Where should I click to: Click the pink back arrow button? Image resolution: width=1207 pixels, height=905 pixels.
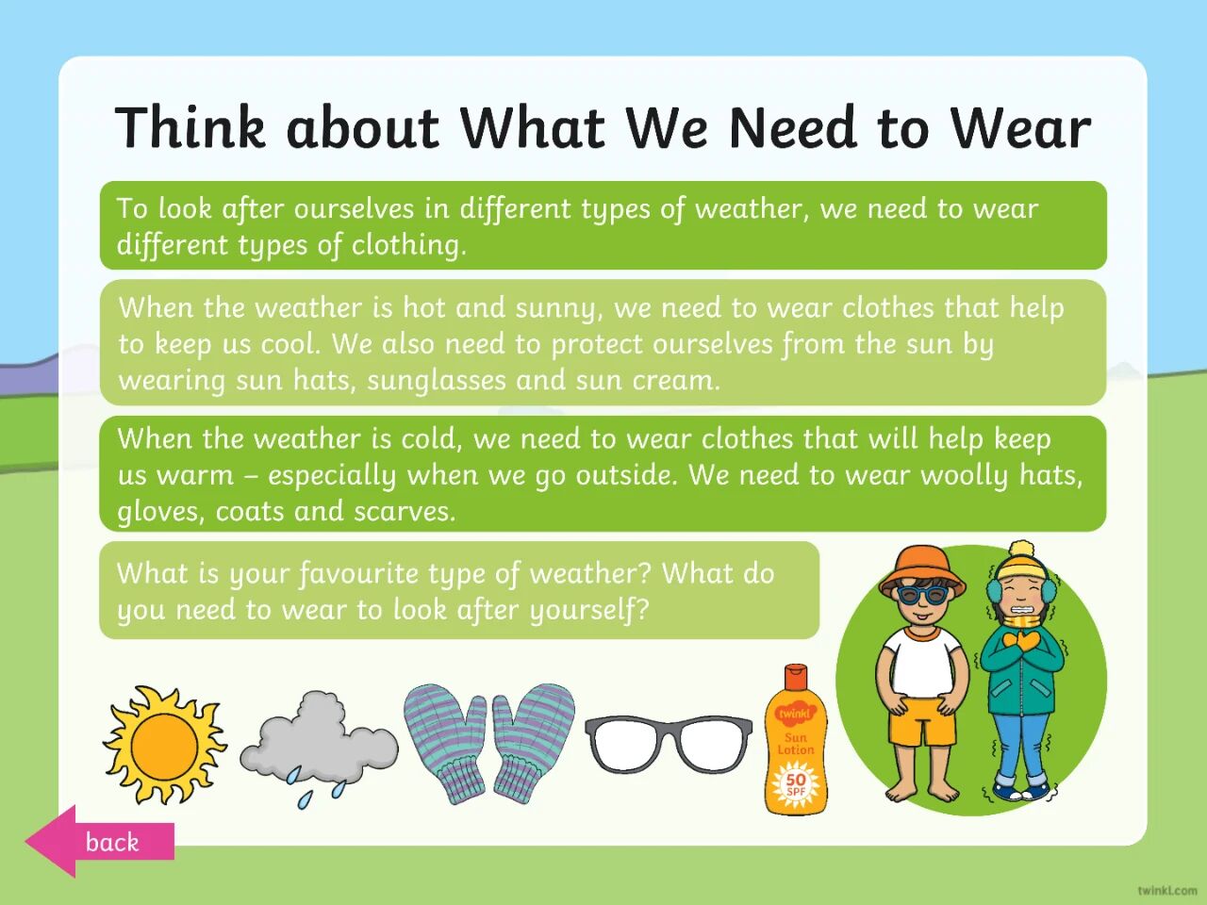tap(100, 841)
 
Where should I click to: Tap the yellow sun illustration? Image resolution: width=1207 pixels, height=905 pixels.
tap(164, 745)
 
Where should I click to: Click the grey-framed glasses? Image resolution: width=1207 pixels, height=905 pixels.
tap(669, 743)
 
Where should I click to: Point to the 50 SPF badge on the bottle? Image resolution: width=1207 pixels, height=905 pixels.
tap(796, 783)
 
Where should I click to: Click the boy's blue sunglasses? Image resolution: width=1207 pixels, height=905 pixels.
tap(923, 595)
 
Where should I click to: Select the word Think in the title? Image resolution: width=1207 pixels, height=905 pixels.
tap(190, 126)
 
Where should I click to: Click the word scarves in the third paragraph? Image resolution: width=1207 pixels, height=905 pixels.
tap(405, 512)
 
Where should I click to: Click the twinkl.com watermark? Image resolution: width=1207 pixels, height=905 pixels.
tap(1167, 890)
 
